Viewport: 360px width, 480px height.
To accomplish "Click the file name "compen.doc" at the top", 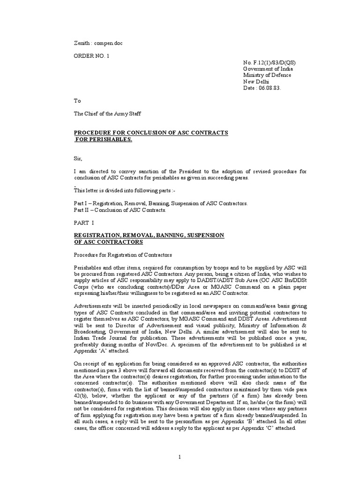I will point(107,43).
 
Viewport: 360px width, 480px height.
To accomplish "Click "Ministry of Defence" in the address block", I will point(267,75).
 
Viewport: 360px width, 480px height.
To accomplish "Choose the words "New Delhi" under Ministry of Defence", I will point(256,82).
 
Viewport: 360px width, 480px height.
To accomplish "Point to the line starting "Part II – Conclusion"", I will point(121,210).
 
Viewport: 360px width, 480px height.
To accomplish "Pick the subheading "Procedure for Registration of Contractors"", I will point(123,255).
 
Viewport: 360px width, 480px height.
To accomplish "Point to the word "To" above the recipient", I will point(77,101).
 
